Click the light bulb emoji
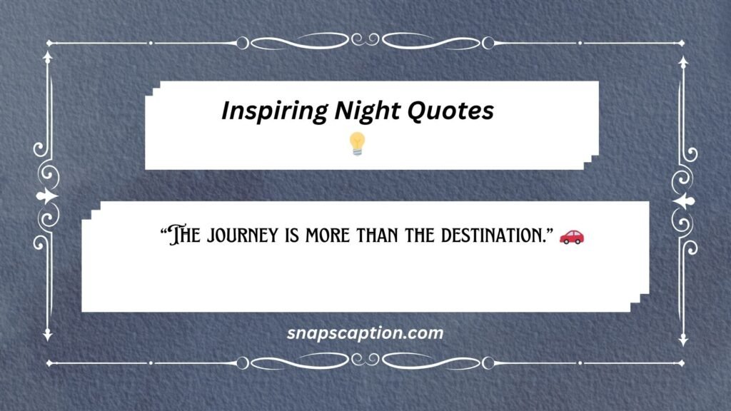click(x=356, y=144)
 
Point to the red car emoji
click(x=571, y=236)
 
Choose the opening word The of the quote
click(x=182, y=236)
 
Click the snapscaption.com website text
click(x=365, y=333)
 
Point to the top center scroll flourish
click(x=365, y=43)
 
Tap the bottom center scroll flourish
click(x=365, y=364)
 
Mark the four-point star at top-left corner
click(x=49, y=43)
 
